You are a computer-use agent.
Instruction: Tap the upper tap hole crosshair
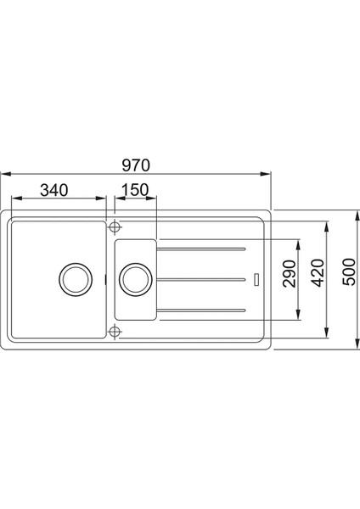(115, 227)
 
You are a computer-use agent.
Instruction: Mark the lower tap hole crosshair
(115, 332)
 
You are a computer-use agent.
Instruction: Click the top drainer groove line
(204, 249)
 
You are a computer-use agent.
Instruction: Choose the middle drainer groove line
(204, 279)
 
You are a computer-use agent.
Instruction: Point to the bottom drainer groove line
(204, 310)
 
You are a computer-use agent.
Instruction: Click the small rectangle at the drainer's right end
(256, 278)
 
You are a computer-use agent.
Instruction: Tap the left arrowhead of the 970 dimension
(4, 173)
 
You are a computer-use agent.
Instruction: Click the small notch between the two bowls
(105, 277)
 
